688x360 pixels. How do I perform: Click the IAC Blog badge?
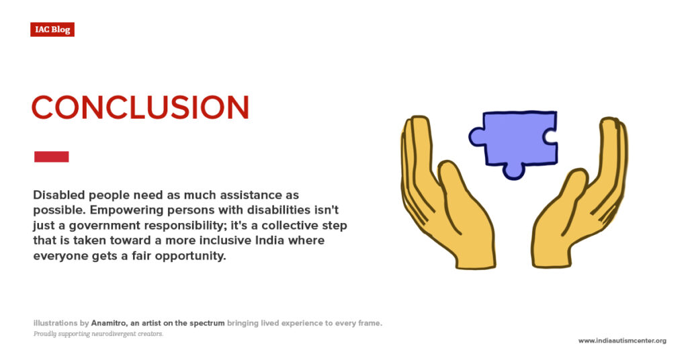52,30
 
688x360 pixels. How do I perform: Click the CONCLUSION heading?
140,107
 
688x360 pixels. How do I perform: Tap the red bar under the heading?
51,156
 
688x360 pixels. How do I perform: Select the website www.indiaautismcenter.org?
622,341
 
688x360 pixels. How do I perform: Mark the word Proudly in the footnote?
44,334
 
